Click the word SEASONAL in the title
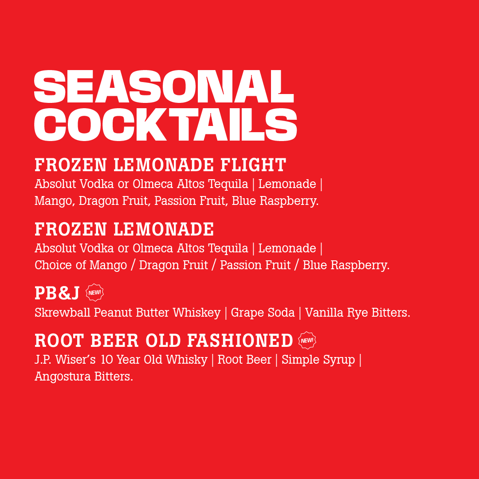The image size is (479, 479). pos(164,86)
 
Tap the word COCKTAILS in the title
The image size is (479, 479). pos(165,124)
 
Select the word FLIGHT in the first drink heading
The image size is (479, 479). pos(253,165)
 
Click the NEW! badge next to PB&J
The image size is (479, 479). pos(95,292)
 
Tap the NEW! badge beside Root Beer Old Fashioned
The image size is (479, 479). pos(307,340)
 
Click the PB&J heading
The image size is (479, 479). pos(57,293)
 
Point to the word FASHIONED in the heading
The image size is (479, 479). pos(240,341)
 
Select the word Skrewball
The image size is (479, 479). pos(63,313)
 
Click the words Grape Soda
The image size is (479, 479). pos(263,313)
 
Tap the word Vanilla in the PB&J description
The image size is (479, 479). pos(324,313)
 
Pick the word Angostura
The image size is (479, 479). pos(63,377)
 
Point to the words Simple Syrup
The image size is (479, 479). pos(318,360)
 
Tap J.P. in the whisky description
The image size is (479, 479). pos(43,360)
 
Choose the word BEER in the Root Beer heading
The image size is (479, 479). pos(115,341)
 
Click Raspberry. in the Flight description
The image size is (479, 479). pos(289,201)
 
